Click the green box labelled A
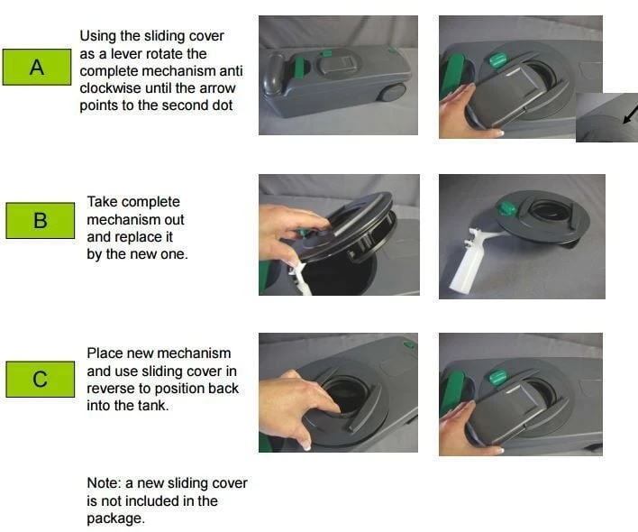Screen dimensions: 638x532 click(37, 67)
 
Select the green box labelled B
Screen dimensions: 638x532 click(41, 220)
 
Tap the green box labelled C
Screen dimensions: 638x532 click(41, 379)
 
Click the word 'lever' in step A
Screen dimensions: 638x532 click(126, 54)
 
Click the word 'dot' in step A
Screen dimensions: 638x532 click(223, 105)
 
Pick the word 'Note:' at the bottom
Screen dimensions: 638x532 click(104, 483)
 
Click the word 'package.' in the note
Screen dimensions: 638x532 click(115, 518)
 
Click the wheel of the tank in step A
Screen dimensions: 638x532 click(392, 93)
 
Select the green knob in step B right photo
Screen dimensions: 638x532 click(507, 208)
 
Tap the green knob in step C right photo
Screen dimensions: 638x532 click(497, 377)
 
